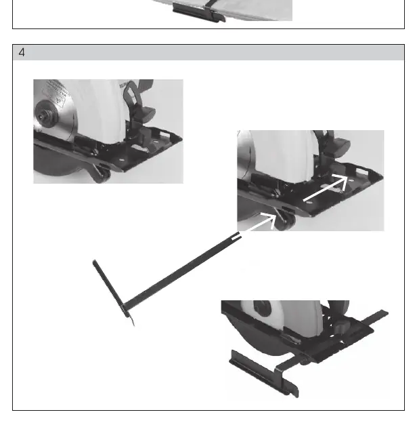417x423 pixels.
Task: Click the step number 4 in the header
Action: pyautogui.click(x=22, y=52)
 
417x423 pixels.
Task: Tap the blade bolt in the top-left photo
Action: pyautogui.click(x=42, y=116)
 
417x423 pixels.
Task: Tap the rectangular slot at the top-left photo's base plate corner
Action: pyautogui.click(x=165, y=134)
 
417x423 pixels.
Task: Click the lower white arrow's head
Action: pyautogui.click(x=269, y=219)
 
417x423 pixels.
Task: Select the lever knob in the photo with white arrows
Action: pyautogui.click(x=339, y=146)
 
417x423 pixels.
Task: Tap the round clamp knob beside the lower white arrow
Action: pyautogui.click(x=286, y=221)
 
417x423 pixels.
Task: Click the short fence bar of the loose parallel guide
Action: pyautogui.click(x=110, y=289)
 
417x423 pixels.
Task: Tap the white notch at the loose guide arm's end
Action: pyautogui.click(x=236, y=237)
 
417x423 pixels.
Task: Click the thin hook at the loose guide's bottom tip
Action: pyautogui.click(x=132, y=321)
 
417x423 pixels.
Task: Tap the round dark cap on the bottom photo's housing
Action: pyautogui.click(x=262, y=308)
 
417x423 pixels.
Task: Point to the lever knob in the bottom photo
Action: pyautogui.click(x=343, y=327)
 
